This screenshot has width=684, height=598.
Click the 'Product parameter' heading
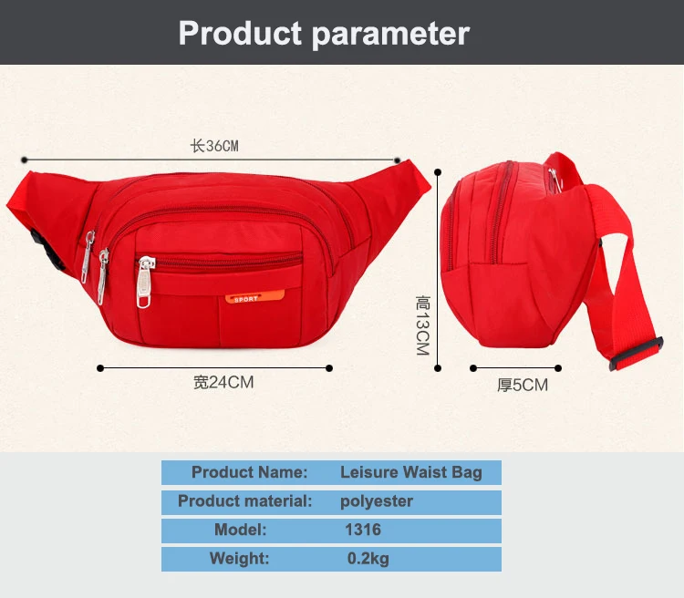point(324,33)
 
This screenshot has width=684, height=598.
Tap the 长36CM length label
point(214,146)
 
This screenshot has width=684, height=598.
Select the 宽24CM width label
point(223,382)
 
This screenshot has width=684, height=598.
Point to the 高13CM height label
point(422,325)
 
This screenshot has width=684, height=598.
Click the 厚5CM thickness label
point(523,385)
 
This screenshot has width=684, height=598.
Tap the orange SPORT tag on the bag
point(254,297)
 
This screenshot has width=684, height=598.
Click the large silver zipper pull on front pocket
point(145,282)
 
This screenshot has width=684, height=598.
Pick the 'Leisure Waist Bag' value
point(411,472)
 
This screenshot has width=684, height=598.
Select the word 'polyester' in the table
point(377,501)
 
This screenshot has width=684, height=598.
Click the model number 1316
point(363,530)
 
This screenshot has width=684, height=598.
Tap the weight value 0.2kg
point(368,558)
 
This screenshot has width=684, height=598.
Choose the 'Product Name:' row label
point(250,472)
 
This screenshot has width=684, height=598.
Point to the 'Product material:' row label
point(244,500)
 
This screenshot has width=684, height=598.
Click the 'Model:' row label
point(241,530)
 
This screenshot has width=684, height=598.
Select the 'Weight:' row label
point(239,558)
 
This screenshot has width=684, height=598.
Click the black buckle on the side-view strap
point(636,354)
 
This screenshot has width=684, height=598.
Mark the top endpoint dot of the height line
point(438,172)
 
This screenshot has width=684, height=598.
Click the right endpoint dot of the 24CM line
point(329,368)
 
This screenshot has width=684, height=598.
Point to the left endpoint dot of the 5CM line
point(473,368)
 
